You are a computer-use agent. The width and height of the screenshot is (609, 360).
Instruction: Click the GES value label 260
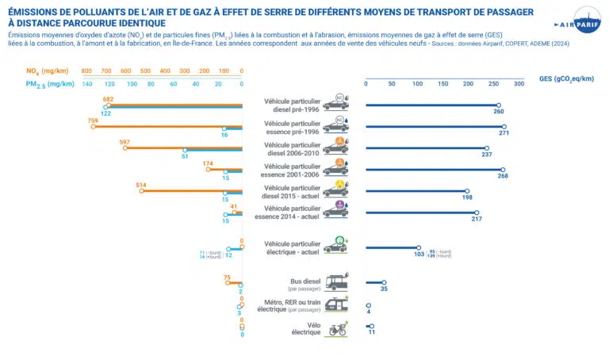(x=498, y=113)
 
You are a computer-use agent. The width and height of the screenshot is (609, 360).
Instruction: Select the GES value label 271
(x=504, y=134)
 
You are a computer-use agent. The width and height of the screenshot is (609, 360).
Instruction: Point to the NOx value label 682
(x=109, y=98)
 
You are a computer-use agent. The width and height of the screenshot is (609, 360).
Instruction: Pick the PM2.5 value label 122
(x=105, y=113)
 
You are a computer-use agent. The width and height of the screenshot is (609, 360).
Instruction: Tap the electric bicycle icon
(x=336, y=327)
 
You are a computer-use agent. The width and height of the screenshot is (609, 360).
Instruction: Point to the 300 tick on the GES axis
(x=519, y=83)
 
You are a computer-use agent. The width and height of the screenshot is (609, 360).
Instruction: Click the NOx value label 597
(x=124, y=142)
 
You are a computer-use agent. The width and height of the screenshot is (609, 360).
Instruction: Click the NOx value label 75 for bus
(x=228, y=278)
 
